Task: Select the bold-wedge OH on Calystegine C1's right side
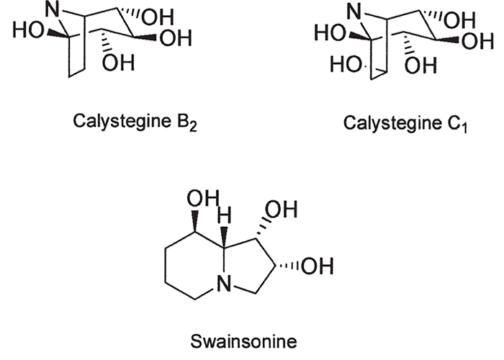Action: point(469,40)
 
